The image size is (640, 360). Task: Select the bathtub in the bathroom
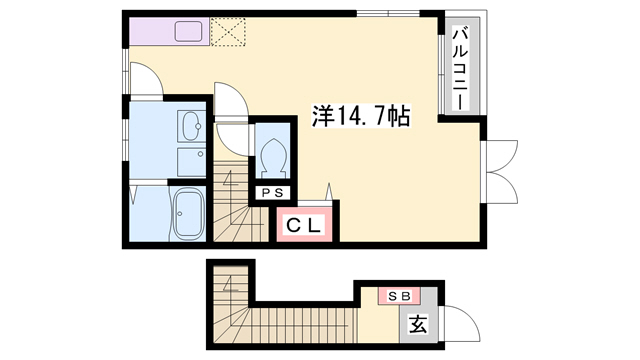pyautogui.click(x=188, y=215)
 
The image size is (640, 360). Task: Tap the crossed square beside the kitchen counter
pyautogui.click(x=230, y=31)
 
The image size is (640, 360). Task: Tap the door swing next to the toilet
pyautogui.click(x=232, y=100)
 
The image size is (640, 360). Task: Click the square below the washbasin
pyautogui.click(x=189, y=160)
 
